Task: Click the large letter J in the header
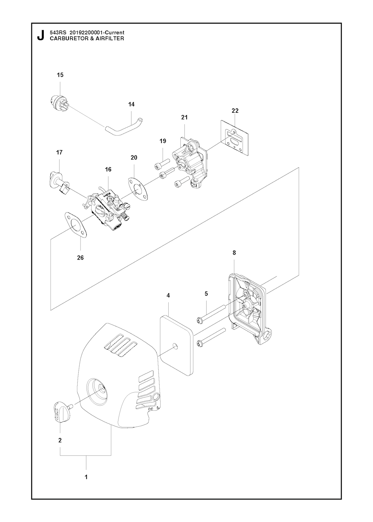(40, 35)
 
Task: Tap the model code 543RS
(56, 33)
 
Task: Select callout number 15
(60, 75)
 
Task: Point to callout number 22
(235, 111)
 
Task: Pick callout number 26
(80, 258)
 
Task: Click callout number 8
(234, 252)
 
